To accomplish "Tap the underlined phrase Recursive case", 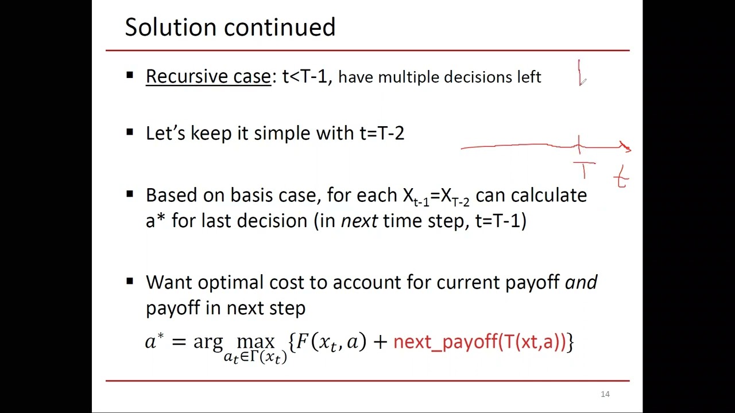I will point(208,76).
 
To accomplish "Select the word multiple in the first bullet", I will point(408,77).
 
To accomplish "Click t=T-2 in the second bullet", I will point(382,133).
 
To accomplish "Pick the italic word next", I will point(359,221).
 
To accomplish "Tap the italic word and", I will point(581,282).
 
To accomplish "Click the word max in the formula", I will point(256,342).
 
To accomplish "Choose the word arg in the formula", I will point(208,342).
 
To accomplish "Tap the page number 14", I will point(605,394).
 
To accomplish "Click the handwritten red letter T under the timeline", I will point(584,170).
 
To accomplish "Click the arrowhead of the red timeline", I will point(627,147).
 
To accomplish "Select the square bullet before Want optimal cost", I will point(130,282).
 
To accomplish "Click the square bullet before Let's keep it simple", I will point(130,133).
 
